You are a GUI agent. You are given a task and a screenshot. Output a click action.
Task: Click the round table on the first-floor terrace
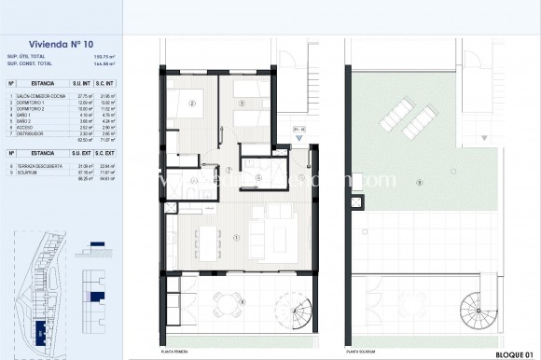click(223, 300)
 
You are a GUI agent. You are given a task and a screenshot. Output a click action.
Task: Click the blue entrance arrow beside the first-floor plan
click(298, 139)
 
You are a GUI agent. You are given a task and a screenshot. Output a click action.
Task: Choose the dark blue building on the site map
click(40, 331)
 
